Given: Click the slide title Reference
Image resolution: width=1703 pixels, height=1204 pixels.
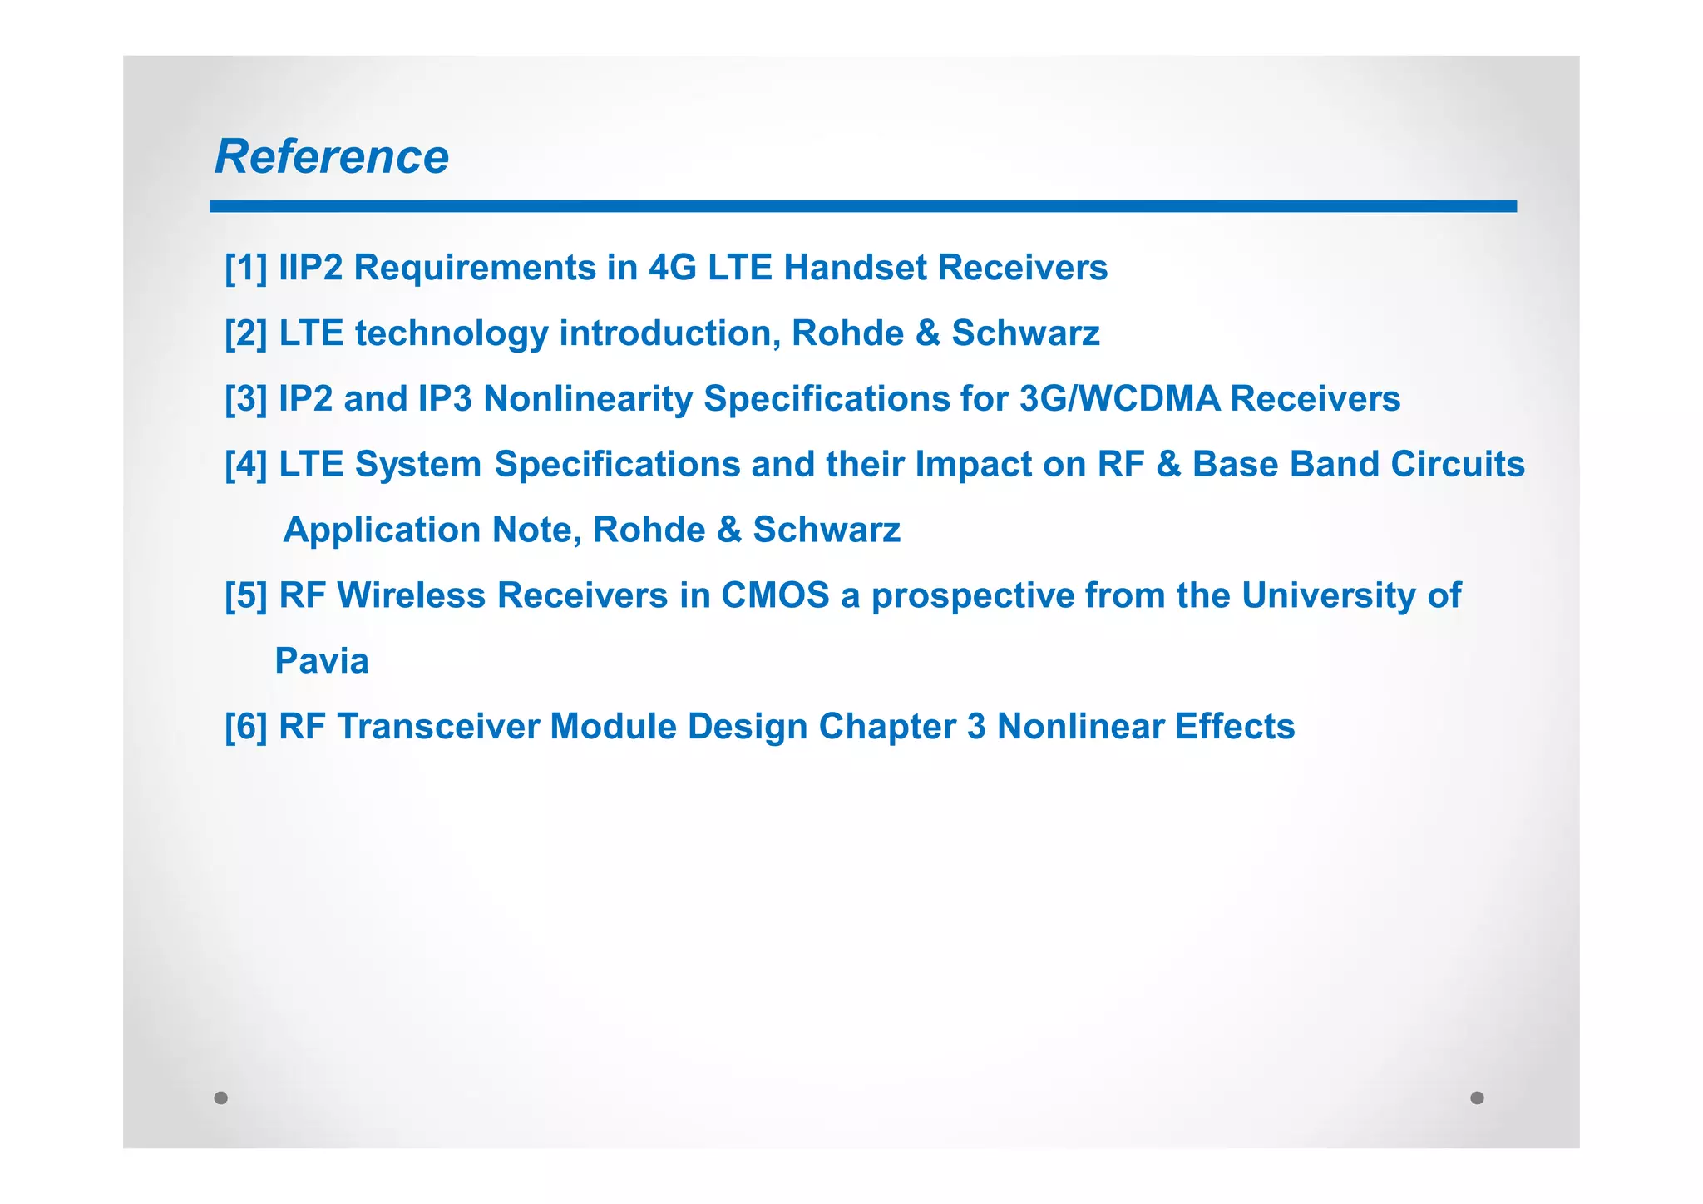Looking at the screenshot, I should click(x=331, y=156).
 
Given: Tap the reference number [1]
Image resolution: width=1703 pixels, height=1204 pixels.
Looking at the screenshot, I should click(x=246, y=268).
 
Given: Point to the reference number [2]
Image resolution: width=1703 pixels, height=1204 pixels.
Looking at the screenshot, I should click(x=246, y=333).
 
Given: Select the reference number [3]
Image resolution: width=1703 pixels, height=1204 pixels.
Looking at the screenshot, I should click(x=246, y=399).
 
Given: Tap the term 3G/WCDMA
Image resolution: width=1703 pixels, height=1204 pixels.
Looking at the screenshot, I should click(x=1119, y=399).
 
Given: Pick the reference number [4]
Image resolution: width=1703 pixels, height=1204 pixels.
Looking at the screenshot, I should click(x=246, y=465).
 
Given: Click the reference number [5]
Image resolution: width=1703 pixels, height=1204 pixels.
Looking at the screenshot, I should click(x=246, y=596).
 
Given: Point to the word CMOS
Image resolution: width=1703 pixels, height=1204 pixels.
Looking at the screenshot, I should click(x=775, y=596).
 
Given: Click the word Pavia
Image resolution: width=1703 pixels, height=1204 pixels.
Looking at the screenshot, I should click(x=322, y=662).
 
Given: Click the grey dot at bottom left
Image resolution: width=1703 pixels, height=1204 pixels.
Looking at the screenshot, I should click(x=221, y=1098).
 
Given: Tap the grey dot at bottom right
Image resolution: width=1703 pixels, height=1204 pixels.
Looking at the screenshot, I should click(x=1477, y=1098).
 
